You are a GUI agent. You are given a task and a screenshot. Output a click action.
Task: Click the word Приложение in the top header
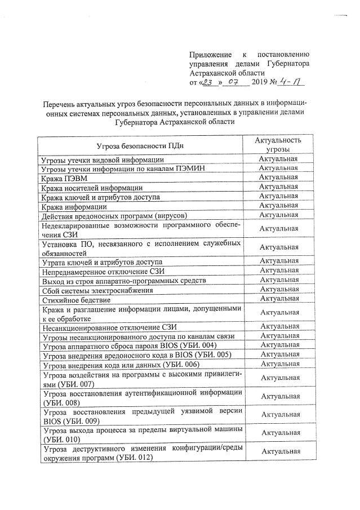210,55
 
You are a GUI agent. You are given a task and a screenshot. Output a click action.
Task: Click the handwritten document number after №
294,83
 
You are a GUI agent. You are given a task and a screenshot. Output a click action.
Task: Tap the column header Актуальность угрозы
278,145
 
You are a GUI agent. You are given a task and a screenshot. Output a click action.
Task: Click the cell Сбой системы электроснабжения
97,291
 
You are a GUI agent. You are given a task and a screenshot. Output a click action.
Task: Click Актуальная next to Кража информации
278,206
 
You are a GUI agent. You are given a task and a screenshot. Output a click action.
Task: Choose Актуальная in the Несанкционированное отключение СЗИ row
278,327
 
